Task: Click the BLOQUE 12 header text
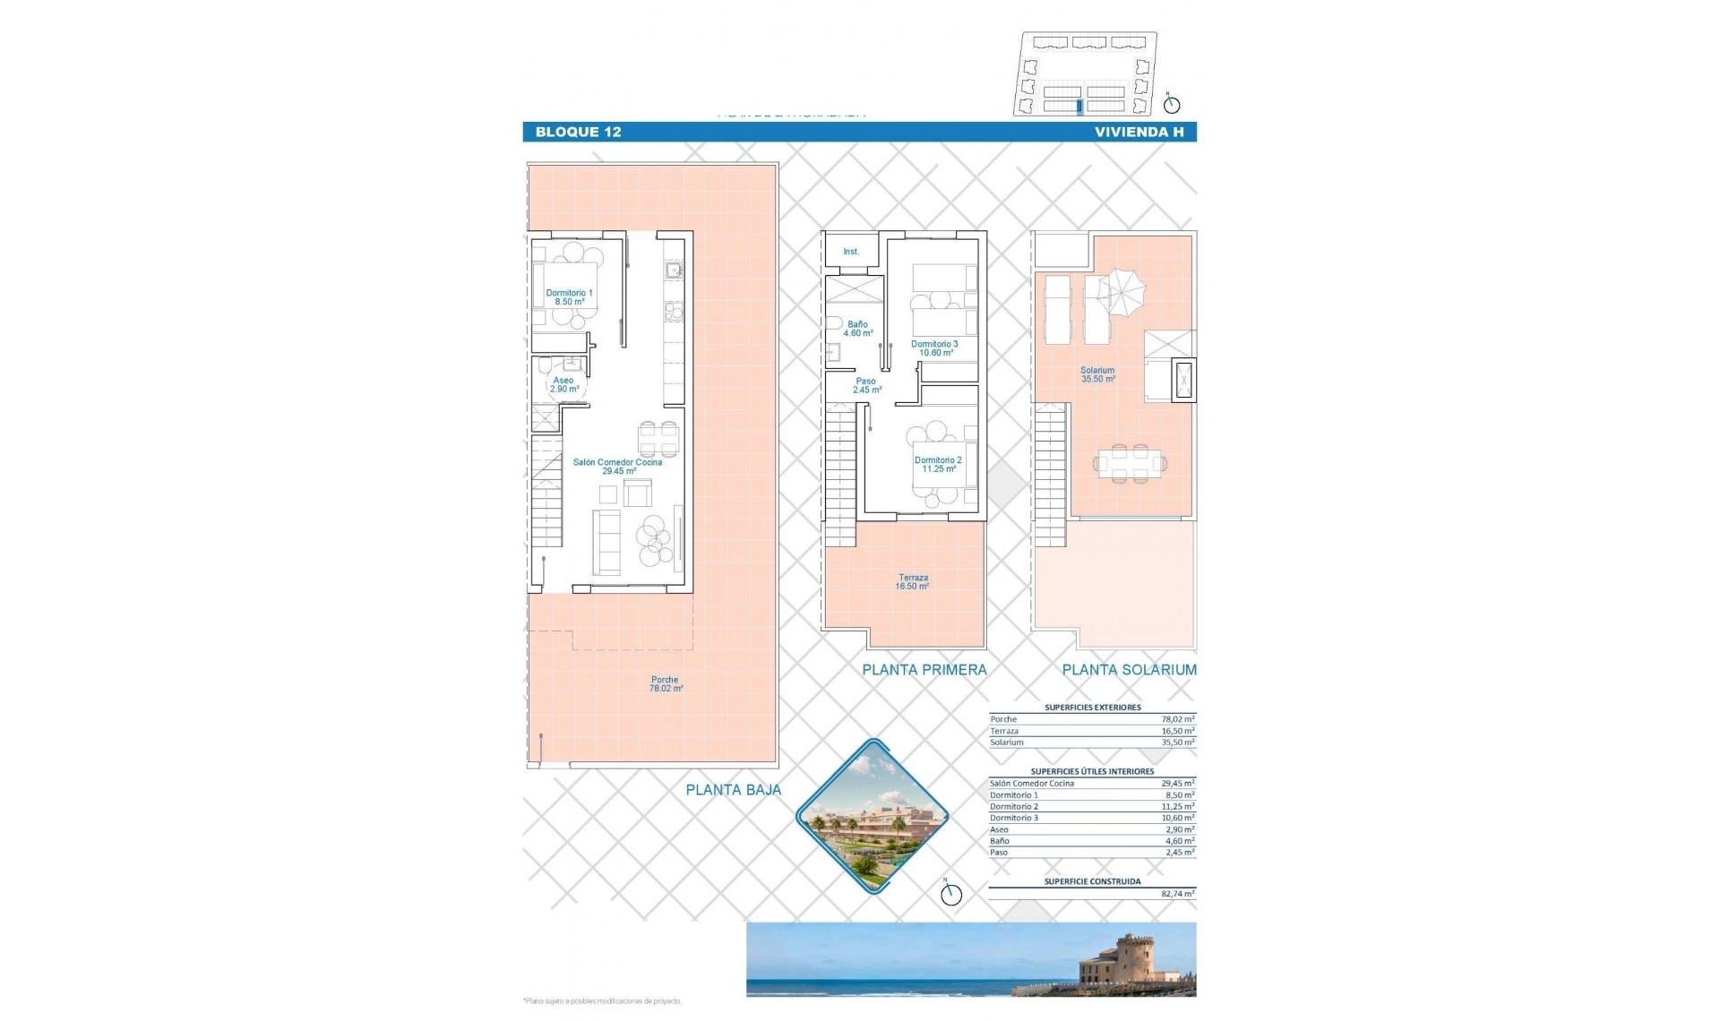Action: coord(578,132)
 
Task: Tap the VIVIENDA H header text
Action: coord(1139,132)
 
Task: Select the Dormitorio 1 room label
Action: coord(569,297)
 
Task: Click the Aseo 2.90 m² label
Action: coord(563,385)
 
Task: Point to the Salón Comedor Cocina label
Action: coord(617,467)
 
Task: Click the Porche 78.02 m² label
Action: coord(665,684)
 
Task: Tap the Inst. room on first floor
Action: coord(850,252)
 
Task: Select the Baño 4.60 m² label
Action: coord(857,329)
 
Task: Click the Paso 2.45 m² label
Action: coord(865,385)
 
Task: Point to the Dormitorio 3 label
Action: coord(934,348)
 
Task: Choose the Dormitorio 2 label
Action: coord(938,464)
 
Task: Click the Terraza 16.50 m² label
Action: coord(913,582)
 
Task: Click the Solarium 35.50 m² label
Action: coord(1097,374)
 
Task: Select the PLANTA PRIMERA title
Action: coord(924,669)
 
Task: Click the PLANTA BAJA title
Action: coord(733,790)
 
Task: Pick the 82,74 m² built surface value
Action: coord(1177,894)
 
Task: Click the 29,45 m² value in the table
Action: coord(1177,784)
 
